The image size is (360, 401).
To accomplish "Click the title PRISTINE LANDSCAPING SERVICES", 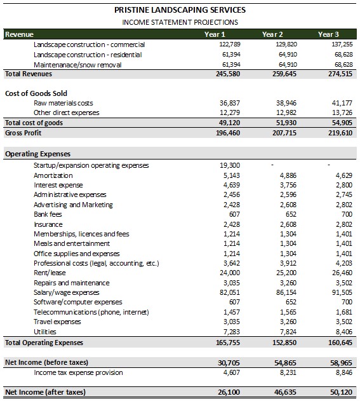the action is [x=180, y=10].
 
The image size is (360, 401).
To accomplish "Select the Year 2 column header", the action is [x=272, y=34].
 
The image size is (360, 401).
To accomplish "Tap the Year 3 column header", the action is [x=328, y=34].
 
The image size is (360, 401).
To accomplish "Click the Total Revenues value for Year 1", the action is [x=228, y=74].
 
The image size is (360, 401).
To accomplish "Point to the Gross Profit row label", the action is [x=23, y=133].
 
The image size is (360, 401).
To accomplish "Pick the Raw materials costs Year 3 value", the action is [x=342, y=103].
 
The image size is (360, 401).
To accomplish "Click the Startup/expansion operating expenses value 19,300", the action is [x=230, y=165].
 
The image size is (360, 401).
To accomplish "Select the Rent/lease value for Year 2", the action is [x=286, y=273].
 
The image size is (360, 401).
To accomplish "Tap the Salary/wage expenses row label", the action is [x=67, y=292].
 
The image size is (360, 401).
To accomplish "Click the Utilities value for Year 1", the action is [x=232, y=332].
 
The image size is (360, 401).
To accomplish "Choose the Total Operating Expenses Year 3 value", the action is [x=340, y=343].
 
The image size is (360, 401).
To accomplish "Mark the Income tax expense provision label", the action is [x=78, y=372].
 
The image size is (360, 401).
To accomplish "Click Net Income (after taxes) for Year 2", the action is [x=285, y=392].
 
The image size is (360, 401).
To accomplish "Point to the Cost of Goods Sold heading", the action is [x=36, y=93].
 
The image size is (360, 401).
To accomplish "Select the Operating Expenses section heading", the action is [x=38, y=154].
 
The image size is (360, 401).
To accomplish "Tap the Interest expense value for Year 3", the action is [x=344, y=185].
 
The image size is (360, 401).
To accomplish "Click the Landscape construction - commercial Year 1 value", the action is [x=230, y=44].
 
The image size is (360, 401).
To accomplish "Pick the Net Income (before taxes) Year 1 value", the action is [x=229, y=363].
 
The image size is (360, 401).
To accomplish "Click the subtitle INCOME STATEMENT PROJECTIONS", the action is [x=180, y=22].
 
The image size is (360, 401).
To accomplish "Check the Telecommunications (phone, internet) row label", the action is [x=91, y=312].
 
